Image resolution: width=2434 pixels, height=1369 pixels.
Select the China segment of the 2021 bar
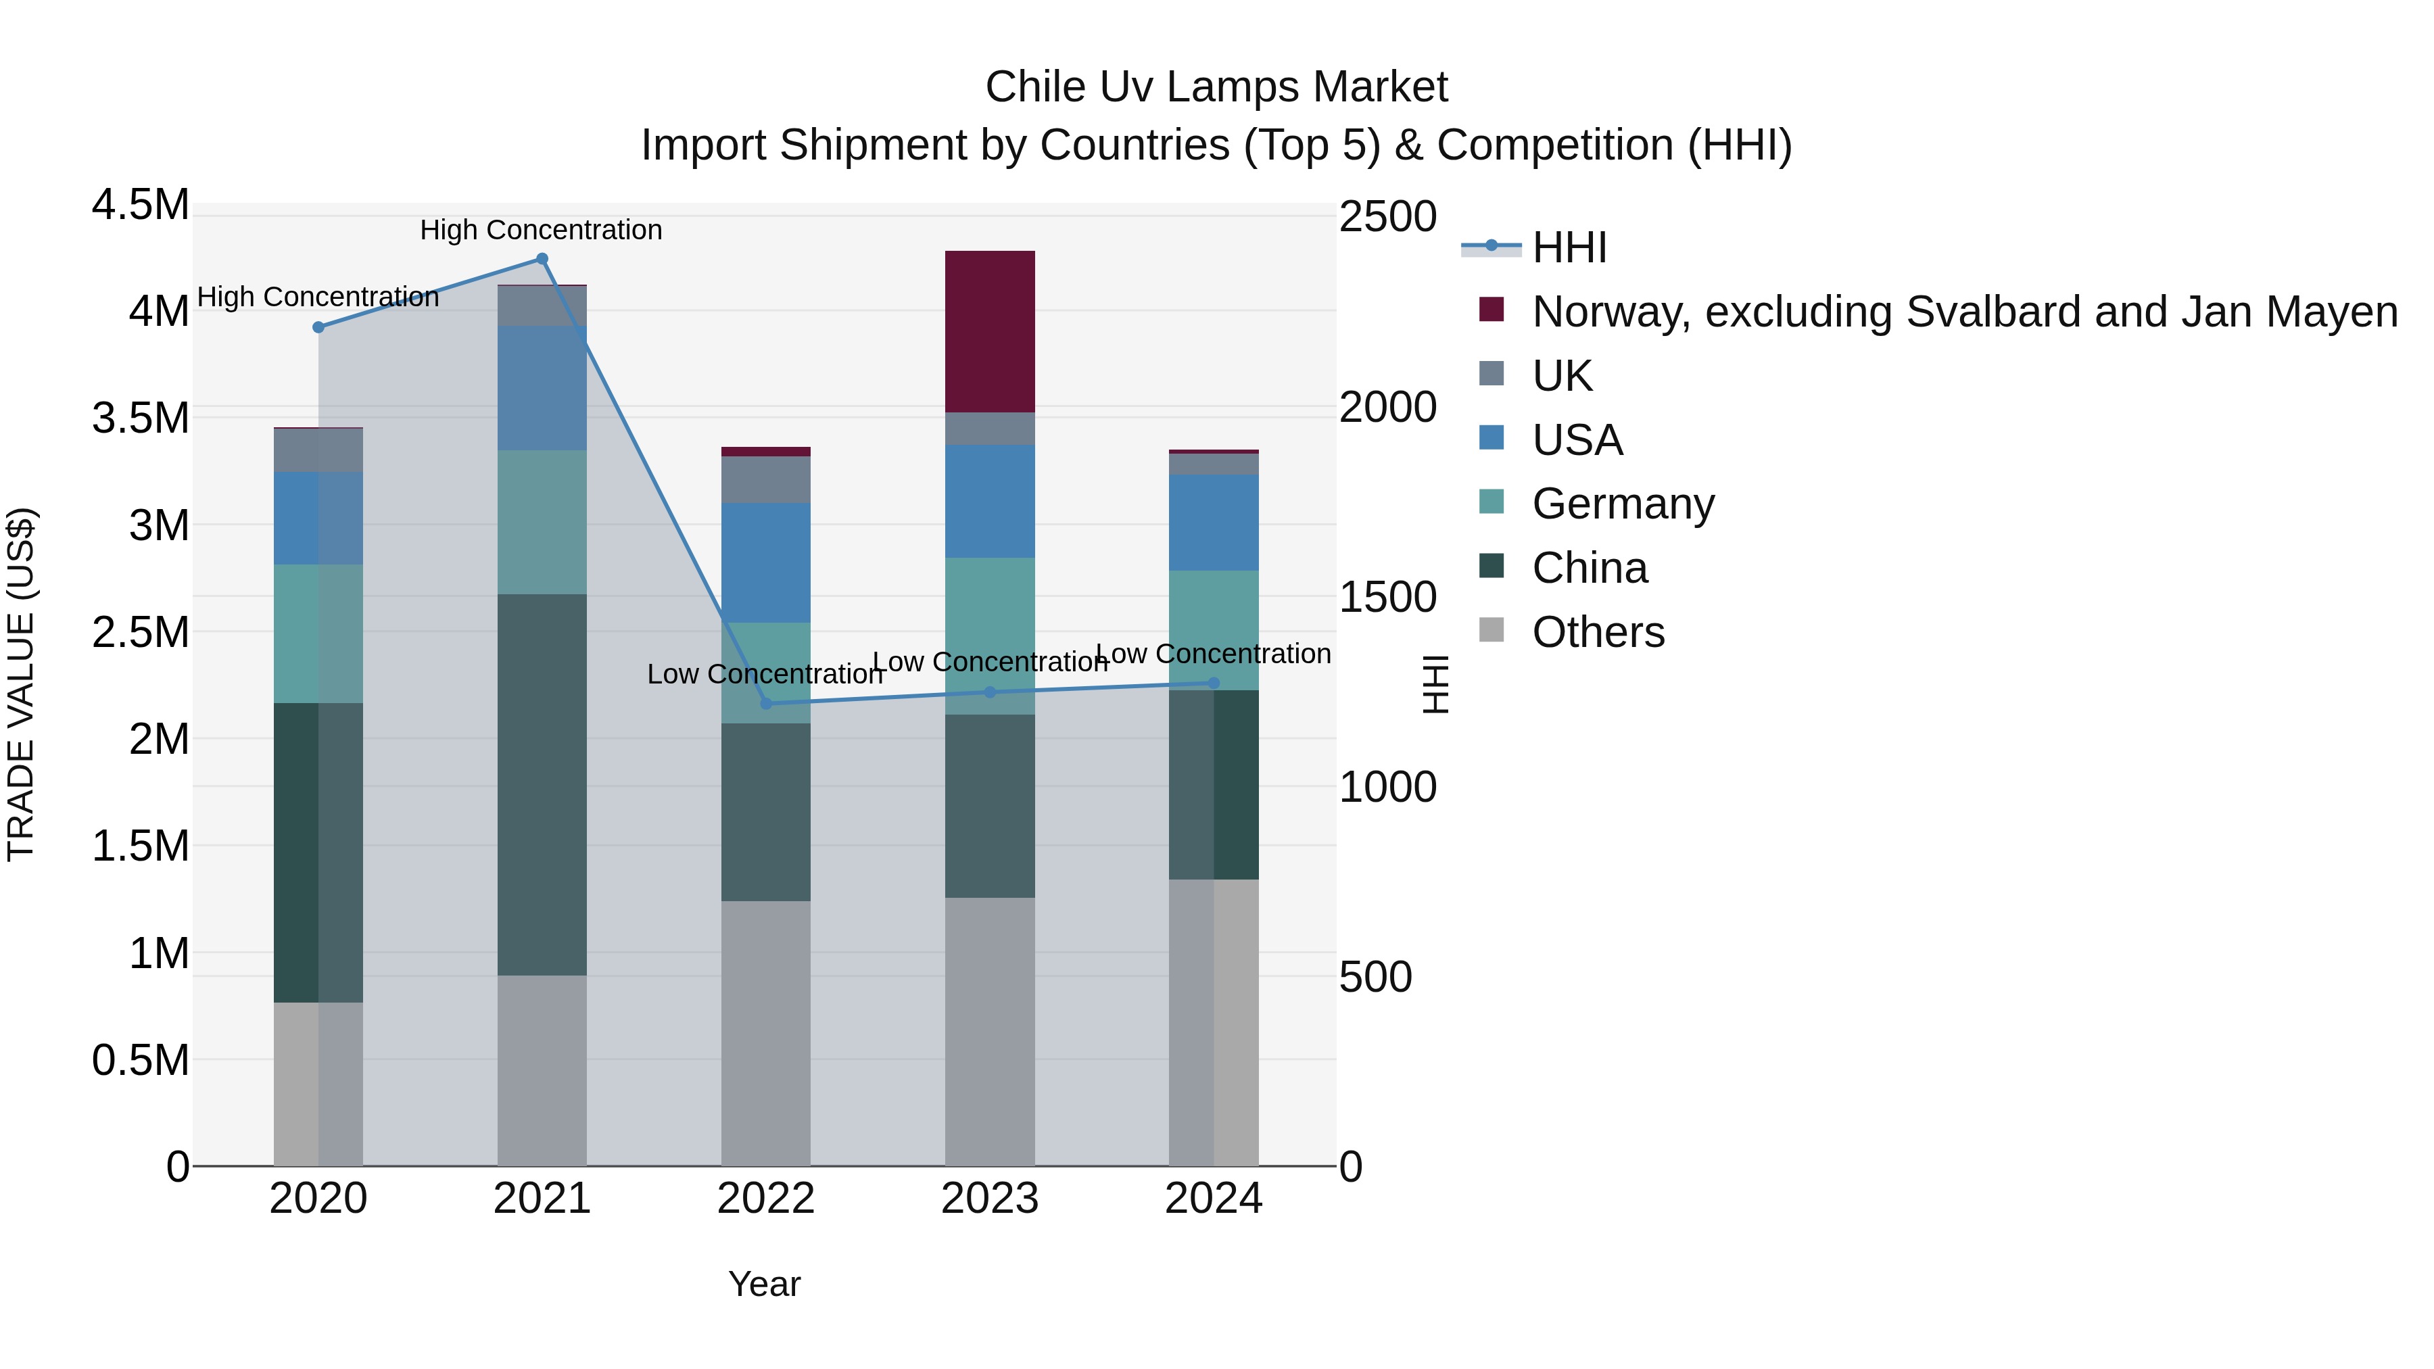542,784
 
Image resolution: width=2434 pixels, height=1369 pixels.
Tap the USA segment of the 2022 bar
765,562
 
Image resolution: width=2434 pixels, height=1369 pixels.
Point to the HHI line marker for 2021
542,259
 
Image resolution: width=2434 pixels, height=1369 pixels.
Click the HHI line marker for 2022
765,703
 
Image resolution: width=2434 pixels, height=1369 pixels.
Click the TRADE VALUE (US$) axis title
21,684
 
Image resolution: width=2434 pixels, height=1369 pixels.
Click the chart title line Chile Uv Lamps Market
1216,87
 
